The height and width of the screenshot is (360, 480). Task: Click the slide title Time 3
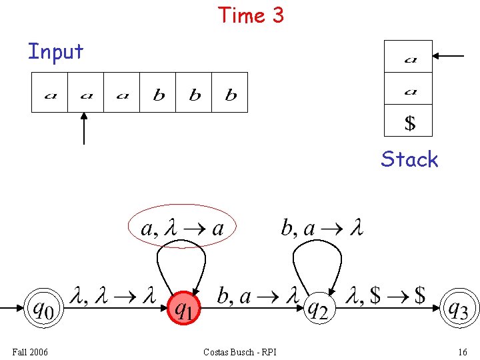[x=251, y=15]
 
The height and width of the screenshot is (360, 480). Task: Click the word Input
[x=55, y=51]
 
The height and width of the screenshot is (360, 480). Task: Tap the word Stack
[x=409, y=159]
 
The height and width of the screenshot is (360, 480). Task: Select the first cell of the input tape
[x=50, y=93]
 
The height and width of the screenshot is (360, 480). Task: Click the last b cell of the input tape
[x=231, y=93]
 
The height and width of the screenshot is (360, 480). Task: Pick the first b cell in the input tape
[x=159, y=93]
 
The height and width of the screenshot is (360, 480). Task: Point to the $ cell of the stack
[x=409, y=122]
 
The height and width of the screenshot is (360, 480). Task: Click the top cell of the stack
[x=409, y=57]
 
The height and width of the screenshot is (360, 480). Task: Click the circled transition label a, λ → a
[x=183, y=229]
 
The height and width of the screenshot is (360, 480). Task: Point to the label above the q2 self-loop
[x=322, y=229]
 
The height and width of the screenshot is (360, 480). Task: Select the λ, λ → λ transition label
[x=113, y=295]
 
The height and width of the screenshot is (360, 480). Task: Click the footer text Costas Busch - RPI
[x=240, y=351]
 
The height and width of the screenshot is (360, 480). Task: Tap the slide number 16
[x=462, y=351]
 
